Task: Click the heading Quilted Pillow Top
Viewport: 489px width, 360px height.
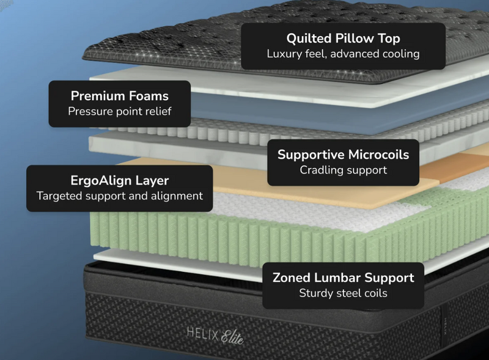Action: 343,39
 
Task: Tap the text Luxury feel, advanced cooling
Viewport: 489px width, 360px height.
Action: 343,54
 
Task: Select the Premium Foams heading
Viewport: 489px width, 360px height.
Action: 120,96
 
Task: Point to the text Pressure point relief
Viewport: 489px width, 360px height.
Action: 120,111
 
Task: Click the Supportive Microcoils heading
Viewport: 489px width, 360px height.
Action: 343,155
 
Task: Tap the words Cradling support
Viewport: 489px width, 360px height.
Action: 343,170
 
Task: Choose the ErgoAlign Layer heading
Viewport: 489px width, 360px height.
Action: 120,181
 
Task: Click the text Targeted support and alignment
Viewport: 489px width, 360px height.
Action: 120,196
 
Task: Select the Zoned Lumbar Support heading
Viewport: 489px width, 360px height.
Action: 343,277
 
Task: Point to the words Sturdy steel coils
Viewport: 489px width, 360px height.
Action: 343,293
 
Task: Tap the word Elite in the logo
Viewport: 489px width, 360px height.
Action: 231,336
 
